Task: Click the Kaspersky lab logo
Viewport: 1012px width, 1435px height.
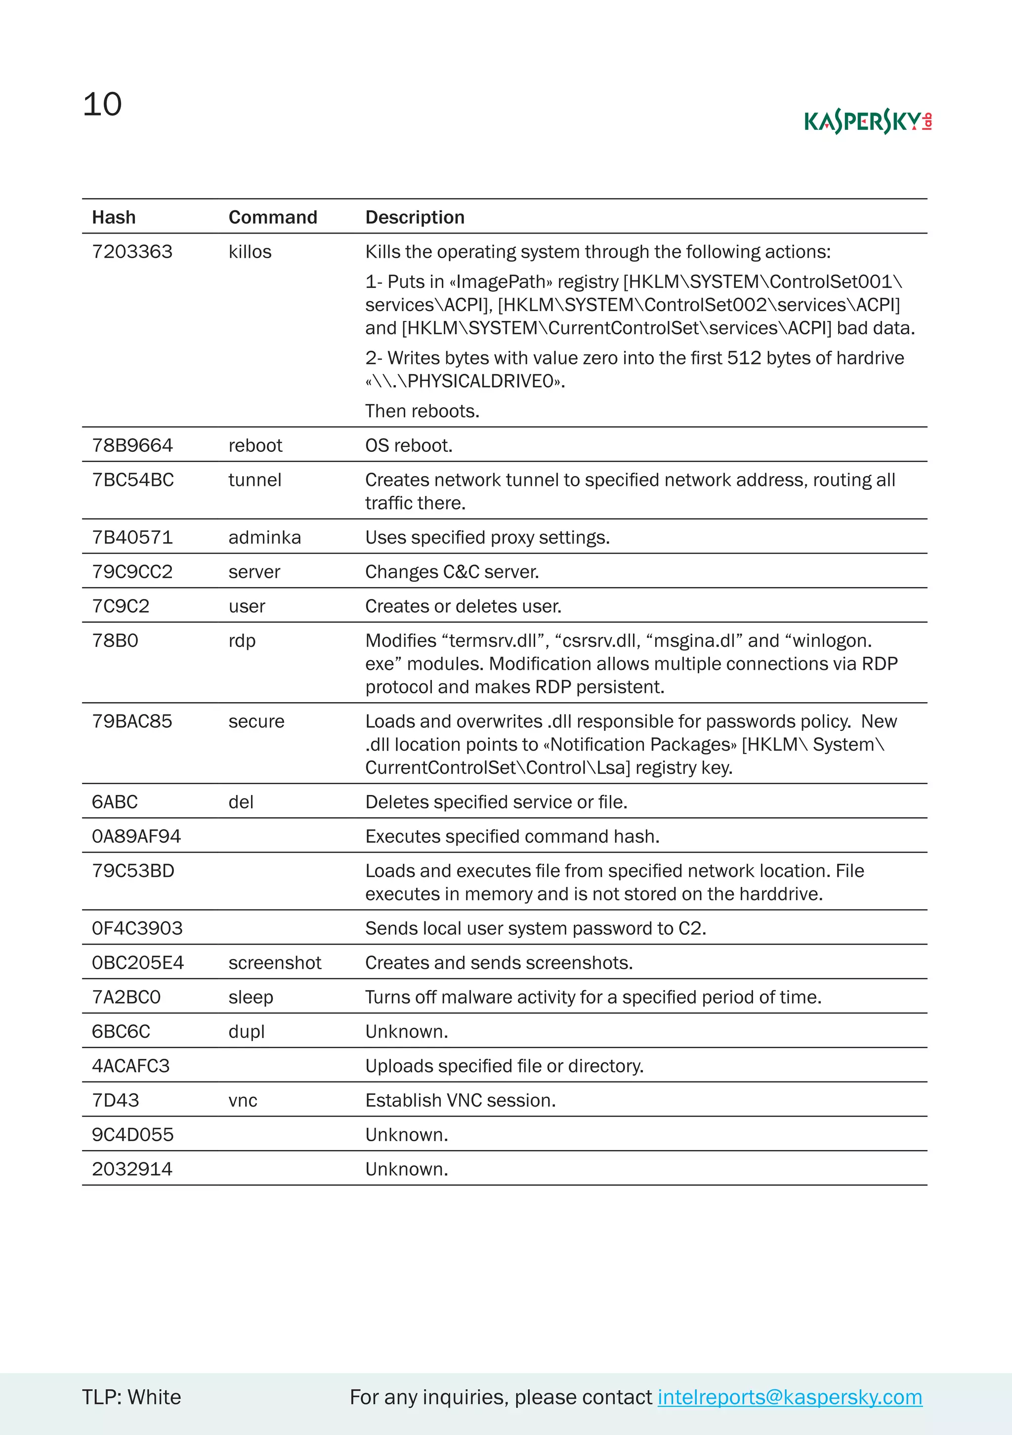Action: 868,121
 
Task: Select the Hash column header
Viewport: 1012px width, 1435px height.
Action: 114,217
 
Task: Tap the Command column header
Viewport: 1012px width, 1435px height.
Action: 273,217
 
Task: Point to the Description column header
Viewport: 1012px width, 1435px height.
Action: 415,217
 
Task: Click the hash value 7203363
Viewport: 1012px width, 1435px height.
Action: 132,252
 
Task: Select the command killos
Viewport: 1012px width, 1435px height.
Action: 250,252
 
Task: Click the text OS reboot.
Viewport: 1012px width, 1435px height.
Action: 409,445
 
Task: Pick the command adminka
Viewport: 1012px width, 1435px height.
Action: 264,537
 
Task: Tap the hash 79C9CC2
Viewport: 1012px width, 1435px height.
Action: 132,572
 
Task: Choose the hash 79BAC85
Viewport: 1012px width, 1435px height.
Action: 132,721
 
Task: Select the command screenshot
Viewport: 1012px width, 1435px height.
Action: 275,963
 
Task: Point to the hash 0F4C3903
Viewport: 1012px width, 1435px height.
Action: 137,929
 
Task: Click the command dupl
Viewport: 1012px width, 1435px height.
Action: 247,1032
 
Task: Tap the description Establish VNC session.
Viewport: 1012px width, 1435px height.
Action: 461,1101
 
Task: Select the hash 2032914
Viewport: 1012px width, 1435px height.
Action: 132,1169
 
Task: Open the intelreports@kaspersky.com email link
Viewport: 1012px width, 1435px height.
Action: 789,1397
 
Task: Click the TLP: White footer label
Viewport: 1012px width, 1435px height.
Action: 131,1397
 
